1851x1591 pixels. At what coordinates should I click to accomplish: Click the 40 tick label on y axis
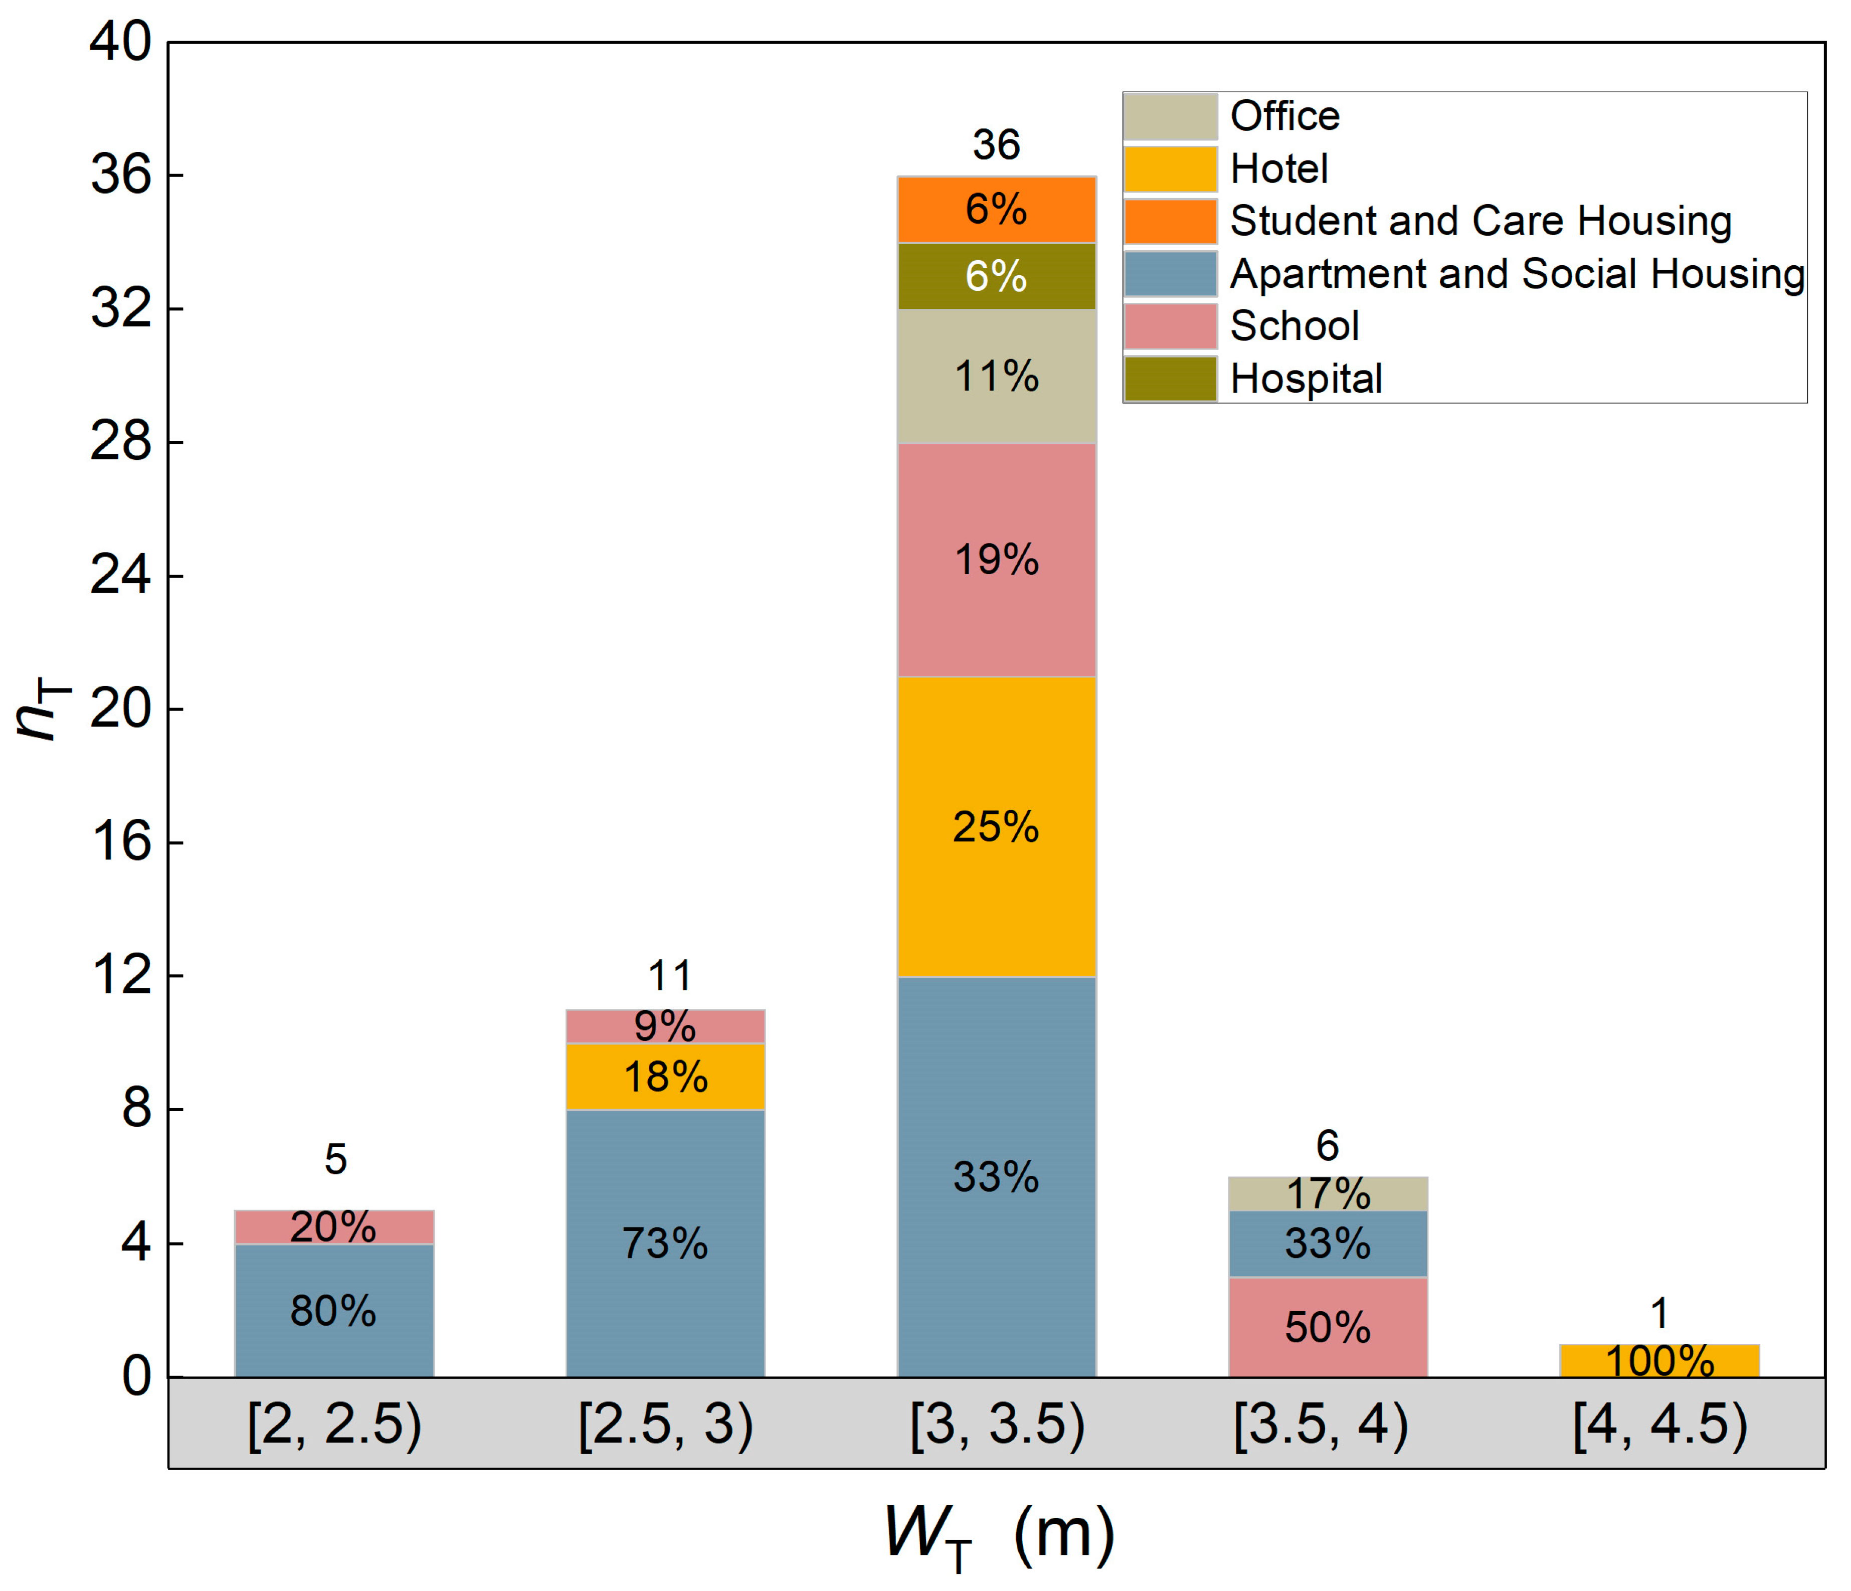(x=121, y=42)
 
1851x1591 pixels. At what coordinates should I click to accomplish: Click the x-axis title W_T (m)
(x=999, y=1535)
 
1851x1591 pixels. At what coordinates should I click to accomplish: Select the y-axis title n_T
(x=43, y=709)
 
